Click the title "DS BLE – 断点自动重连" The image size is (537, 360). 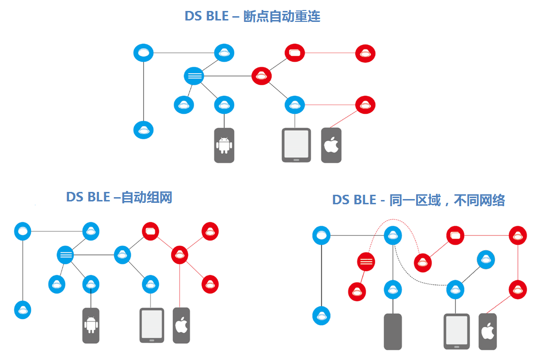click(252, 16)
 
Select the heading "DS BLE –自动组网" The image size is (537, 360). click(119, 197)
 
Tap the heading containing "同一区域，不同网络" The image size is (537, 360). click(418, 200)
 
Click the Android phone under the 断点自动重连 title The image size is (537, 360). click(224, 145)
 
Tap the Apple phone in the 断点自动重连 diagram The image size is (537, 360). click(331, 145)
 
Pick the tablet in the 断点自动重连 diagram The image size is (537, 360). click(296, 145)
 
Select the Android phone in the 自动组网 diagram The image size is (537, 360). click(91, 325)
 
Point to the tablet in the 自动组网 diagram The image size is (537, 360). click(151, 325)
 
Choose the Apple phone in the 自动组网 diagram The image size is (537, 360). click(181, 325)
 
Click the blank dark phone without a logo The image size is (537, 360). click(393, 331)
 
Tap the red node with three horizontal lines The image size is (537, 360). click(366, 261)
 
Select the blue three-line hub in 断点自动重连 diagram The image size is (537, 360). click(194, 76)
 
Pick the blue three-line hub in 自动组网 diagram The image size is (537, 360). click(66, 255)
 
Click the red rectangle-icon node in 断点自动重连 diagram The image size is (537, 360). click(294, 52)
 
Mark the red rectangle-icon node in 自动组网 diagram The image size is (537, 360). click(151, 231)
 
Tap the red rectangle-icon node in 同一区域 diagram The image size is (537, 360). click(455, 235)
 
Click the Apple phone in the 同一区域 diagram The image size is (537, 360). click(487, 331)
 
